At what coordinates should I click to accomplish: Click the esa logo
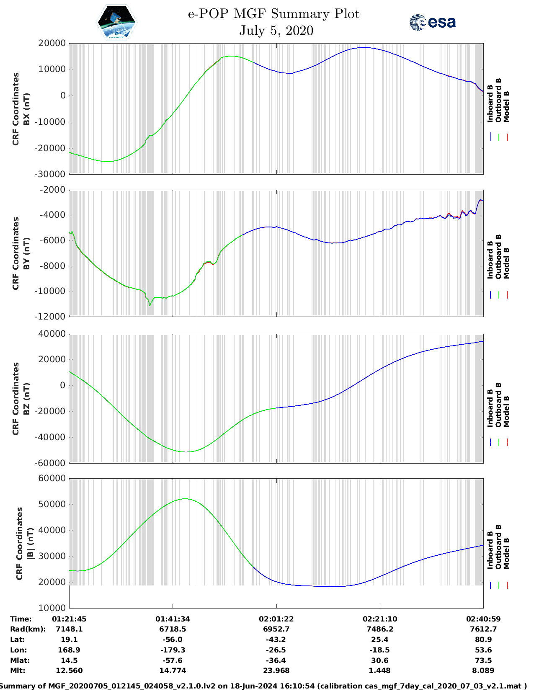tap(432, 22)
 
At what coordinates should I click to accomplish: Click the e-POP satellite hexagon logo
tap(116, 23)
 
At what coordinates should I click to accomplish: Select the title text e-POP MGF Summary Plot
tap(273, 14)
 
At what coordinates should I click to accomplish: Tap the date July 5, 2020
tap(276, 31)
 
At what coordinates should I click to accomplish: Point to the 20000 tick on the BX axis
tap(52, 43)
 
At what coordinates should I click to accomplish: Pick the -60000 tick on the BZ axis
tap(52, 463)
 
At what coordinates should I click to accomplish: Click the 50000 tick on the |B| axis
tap(52, 504)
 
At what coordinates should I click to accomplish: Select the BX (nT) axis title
tap(26, 109)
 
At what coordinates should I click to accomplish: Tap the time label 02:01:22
tap(276, 619)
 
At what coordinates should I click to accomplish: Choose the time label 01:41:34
tap(173, 619)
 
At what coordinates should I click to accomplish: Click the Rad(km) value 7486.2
tap(380, 629)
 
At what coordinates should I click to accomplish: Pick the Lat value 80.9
tap(483, 639)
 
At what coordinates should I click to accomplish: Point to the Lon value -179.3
tap(173, 650)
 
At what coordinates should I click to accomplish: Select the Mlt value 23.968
tap(276, 670)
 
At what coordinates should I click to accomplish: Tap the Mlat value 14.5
tap(69, 660)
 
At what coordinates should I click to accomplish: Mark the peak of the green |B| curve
tap(185, 499)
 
